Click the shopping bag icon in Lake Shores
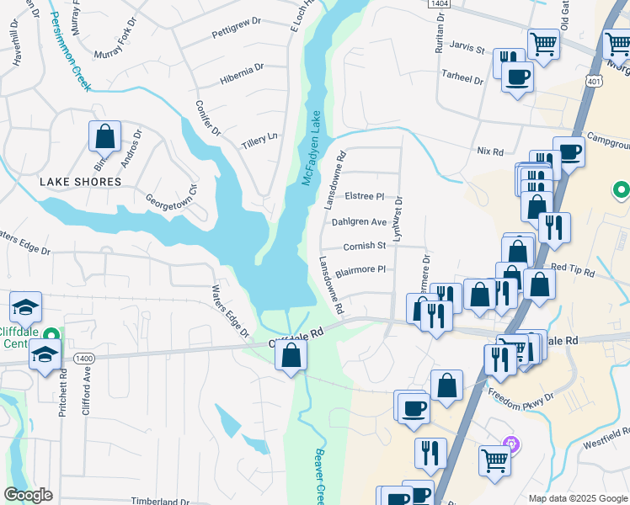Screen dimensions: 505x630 (104, 136)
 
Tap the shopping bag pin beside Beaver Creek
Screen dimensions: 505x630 (291, 354)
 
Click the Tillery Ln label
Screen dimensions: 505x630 (259, 137)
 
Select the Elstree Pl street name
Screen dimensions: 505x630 (365, 196)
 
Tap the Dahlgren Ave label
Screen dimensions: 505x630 (359, 222)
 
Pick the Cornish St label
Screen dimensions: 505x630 (364, 247)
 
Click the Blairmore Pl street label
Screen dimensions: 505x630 (360, 270)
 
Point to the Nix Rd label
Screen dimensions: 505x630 (489, 151)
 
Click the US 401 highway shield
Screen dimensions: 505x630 (595, 82)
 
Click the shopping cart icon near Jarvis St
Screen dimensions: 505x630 (543, 43)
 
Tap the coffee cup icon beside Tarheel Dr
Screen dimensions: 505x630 (517, 78)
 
